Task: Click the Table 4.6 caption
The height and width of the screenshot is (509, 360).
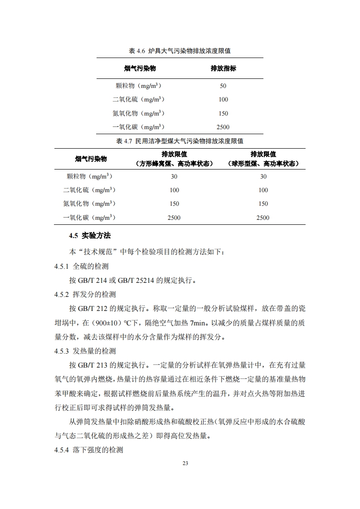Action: [180, 51]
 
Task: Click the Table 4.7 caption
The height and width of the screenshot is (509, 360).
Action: [180, 141]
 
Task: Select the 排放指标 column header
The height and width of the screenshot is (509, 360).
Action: [223, 68]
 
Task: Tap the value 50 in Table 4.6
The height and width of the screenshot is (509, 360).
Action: [223, 86]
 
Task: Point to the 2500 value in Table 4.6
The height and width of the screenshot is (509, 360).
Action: [223, 127]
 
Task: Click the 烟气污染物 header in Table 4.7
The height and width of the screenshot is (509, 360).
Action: [91, 159]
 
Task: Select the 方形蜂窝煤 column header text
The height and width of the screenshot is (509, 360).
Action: [174, 164]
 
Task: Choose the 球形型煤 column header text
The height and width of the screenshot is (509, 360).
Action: [263, 164]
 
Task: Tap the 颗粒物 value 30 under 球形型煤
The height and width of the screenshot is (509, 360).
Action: [263, 176]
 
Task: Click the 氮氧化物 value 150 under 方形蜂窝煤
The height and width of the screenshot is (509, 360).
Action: [174, 204]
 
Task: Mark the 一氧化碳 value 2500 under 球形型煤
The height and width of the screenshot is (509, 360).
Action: [263, 218]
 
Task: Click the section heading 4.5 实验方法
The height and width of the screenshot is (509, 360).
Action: [90, 235]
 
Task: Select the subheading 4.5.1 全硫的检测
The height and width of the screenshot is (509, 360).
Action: [81, 266]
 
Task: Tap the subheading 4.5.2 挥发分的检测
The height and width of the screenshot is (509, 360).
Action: [85, 294]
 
